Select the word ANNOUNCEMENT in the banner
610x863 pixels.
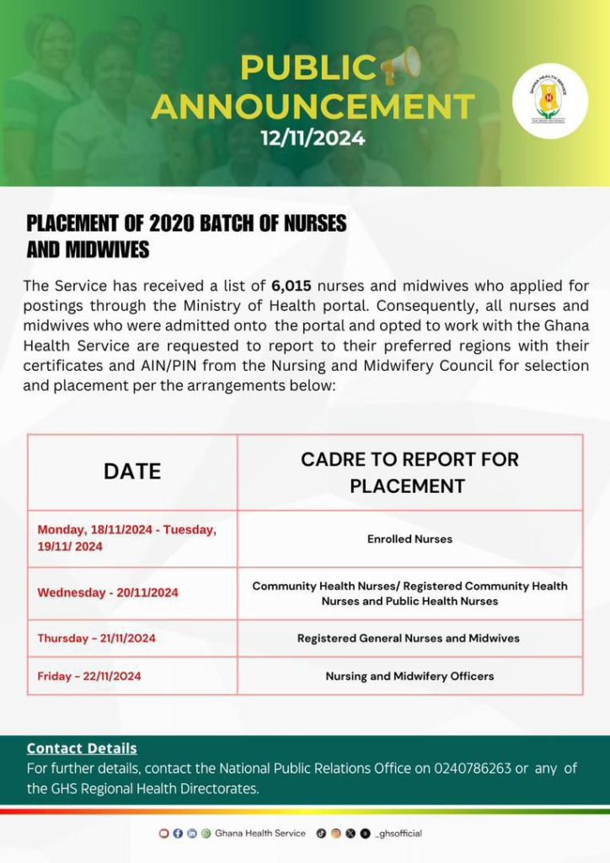click(313, 107)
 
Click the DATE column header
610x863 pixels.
click(132, 472)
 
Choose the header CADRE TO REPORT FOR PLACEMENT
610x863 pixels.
click(409, 472)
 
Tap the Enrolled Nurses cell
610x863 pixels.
click(409, 539)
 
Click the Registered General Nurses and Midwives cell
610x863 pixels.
click(409, 638)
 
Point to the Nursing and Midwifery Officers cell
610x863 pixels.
click(409, 676)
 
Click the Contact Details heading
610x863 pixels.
click(82, 748)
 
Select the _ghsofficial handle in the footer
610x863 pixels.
click(399, 834)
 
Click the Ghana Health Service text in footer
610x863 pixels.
click(260, 834)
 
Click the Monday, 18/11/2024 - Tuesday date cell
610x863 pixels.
click(126, 538)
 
